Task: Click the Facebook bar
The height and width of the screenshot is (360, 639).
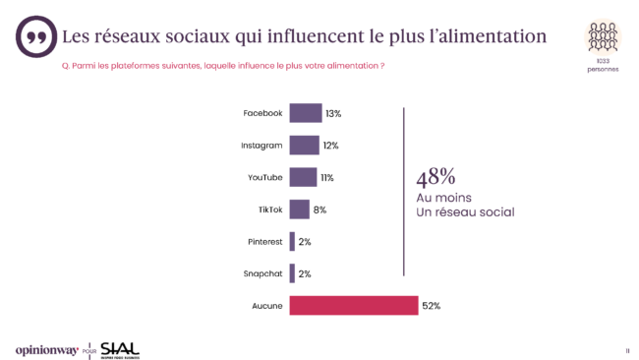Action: click(x=305, y=113)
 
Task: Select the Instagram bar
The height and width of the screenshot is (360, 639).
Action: click(x=304, y=146)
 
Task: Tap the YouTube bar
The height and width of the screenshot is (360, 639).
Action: click(x=303, y=177)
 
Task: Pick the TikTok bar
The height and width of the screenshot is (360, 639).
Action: click(x=299, y=210)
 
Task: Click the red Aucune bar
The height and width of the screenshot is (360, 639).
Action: click(x=353, y=306)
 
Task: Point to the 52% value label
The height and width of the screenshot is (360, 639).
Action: click(x=431, y=306)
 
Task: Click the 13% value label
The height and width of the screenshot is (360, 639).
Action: click(x=333, y=113)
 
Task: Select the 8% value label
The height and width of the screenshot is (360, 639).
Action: click(x=319, y=210)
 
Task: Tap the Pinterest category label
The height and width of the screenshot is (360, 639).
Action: click(x=262, y=242)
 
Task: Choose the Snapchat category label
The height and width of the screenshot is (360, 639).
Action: click(x=261, y=273)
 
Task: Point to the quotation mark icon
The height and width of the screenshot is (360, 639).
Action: click(x=36, y=37)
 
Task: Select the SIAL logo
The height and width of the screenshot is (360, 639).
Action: click(x=120, y=349)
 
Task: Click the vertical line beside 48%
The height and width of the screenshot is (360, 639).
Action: click(x=404, y=192)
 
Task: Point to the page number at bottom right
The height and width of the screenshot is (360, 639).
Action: click(x=626, y=350)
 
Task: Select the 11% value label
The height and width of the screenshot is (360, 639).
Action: click(x=326, y=177)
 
